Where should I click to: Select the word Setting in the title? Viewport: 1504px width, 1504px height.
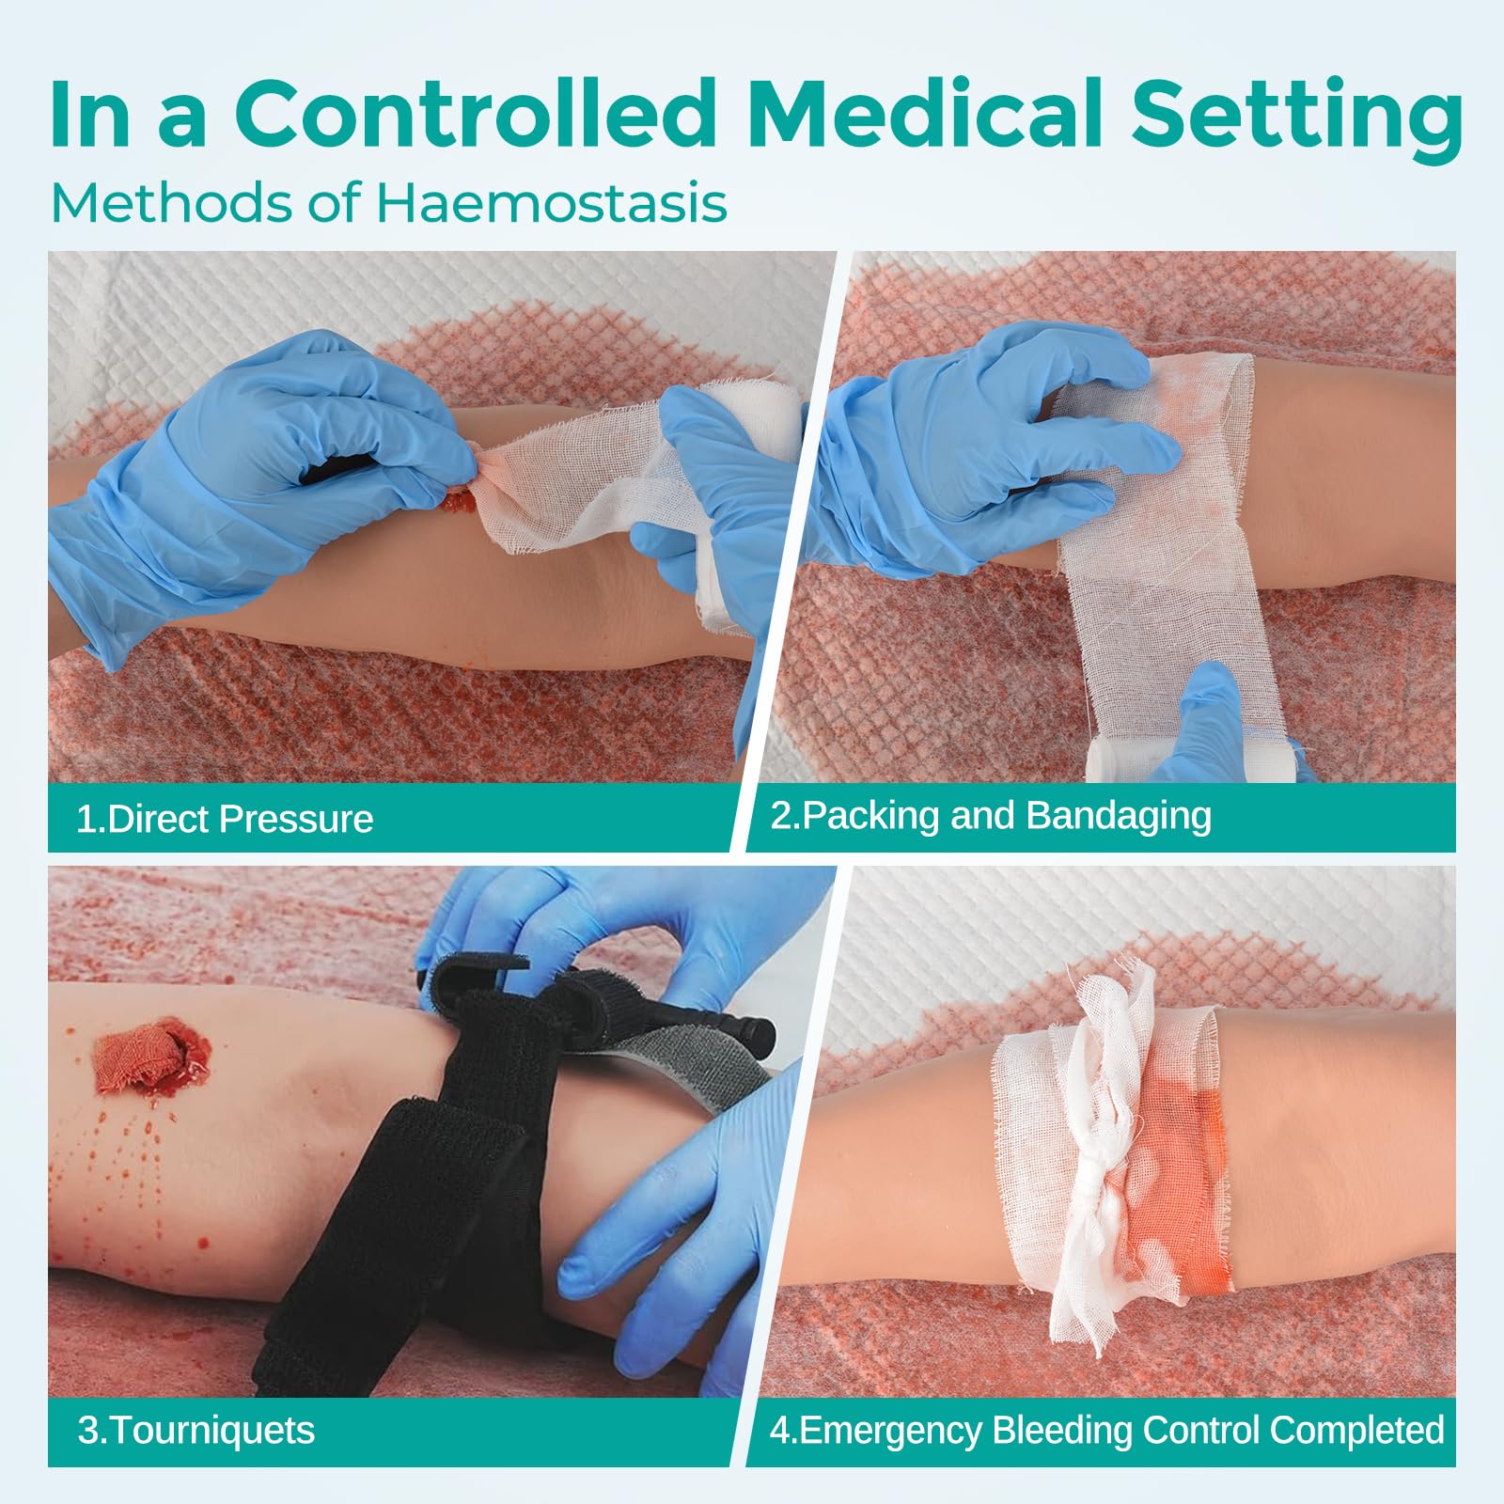pyautogui.click(x=1296, y=119)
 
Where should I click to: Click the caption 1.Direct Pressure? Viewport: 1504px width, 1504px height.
pyautogui.click(x=226, y=819)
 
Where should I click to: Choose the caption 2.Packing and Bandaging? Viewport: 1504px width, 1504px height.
pyautogui.click(x=991, y=816)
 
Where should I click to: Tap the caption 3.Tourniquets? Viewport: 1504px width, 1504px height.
pyautogui.click(x=196, y=1430)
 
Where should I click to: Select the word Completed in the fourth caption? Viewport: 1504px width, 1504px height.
pyautogui.click(x=1357, y=1430)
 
